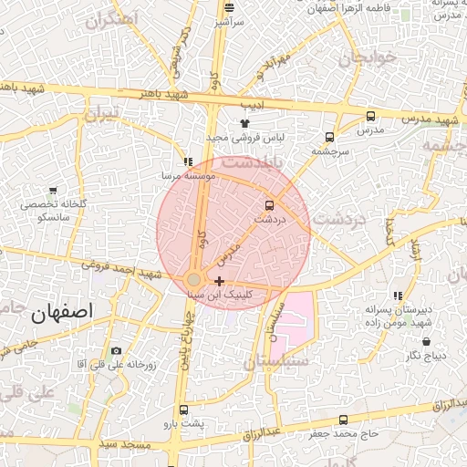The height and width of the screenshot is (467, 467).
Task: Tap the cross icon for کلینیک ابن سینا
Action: click(x=219, y=281)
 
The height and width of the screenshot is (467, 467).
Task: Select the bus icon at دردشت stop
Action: click(x=268, y=205)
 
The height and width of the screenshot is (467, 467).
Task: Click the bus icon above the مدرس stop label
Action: click(x=370, y=116)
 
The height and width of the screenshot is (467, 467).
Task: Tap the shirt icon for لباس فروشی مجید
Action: click(x=244, y=123)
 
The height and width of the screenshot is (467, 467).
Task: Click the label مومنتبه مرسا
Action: click(x=189, y=174)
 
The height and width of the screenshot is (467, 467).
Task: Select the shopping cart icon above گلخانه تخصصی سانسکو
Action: click(x=54, y=192)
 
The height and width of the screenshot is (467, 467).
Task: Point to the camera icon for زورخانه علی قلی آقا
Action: click(x=116, y=351)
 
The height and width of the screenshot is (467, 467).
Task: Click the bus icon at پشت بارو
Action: click(x=184, y=410)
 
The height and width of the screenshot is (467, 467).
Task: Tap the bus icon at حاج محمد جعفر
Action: click(x=343, y=420)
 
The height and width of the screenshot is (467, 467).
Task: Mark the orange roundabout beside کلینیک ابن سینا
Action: click(x=194, y=279)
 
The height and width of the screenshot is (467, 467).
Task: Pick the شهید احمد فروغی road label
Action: click(x=119, y=270)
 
